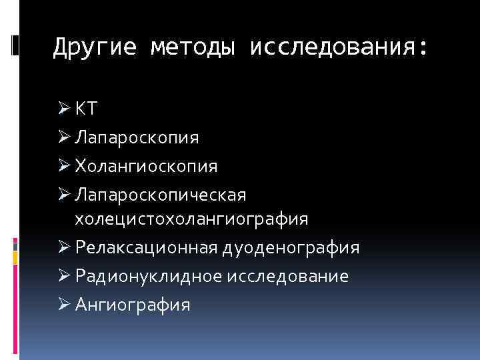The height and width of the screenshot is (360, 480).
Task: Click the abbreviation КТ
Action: [86, 109]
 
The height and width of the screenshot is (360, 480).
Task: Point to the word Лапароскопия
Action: [137, 138]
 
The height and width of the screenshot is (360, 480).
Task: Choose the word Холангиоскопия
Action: [146, 166]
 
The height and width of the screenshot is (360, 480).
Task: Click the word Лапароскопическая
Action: [161, 195]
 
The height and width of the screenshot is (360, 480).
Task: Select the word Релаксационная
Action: [146, 248]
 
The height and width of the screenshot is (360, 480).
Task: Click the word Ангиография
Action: [133, 305]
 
